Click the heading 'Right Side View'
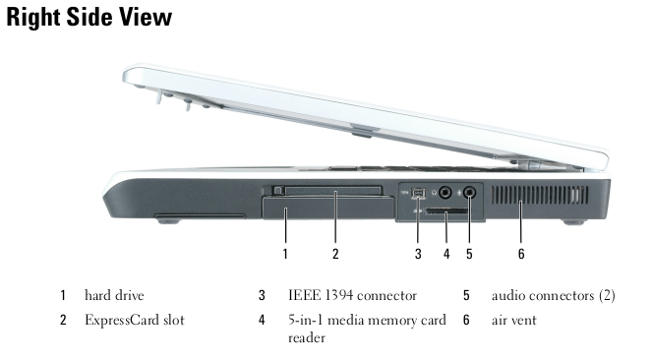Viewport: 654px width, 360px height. [89, 18]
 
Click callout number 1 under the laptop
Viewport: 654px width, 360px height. [285, 254]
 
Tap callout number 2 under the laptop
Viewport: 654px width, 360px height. [335, 254]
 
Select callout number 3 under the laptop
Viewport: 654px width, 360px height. [418, 254]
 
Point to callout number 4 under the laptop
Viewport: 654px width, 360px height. [446, 254]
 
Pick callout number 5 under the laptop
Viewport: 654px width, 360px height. [469, 254]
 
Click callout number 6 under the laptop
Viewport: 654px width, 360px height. [521, 254]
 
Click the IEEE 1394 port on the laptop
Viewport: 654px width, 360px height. [418, 193]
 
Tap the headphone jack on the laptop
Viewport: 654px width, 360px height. [446, 193]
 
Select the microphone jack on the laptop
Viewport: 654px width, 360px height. [470, 193]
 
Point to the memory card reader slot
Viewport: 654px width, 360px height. [446, 210]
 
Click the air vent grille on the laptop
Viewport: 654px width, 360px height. [540, 195]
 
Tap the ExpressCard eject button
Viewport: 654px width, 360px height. [278, 190]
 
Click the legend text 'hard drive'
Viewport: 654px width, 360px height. [114, 295]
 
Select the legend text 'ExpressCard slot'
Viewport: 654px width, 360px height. [135, 320]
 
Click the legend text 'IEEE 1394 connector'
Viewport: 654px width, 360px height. [352, 295]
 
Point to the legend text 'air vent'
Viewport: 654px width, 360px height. [513, 320]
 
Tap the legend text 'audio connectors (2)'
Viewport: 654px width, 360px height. [553, 295]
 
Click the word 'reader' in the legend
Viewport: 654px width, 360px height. [307, 337]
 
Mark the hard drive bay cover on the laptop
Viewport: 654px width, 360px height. [327, 208]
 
